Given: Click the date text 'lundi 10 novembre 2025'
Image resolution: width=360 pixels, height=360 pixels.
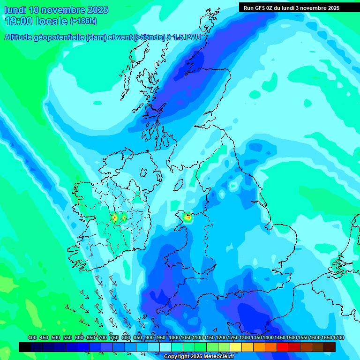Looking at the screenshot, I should [56, 10].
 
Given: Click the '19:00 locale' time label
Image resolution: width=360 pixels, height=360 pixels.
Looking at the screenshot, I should [36, 21].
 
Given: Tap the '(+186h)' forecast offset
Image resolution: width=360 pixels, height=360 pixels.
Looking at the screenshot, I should [83, 21].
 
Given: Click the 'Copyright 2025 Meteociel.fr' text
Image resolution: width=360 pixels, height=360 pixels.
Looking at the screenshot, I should [199, 356].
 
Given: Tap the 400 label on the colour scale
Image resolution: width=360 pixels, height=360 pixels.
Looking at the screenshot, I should [32, 338].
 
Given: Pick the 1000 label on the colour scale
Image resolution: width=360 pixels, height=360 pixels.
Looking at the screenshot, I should [174, 338].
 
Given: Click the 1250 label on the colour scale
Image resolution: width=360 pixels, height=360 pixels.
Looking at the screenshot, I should [233, 338].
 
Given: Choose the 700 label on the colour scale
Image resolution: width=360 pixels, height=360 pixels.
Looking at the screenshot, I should [103, 338].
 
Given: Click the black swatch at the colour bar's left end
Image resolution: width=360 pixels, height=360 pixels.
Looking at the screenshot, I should [25, 347].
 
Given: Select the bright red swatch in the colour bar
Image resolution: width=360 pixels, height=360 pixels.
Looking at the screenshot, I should [282, 347].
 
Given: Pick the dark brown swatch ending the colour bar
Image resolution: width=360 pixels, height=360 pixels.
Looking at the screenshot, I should [329, 347].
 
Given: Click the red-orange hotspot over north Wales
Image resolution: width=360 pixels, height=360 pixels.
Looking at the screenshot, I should [188, 217].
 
